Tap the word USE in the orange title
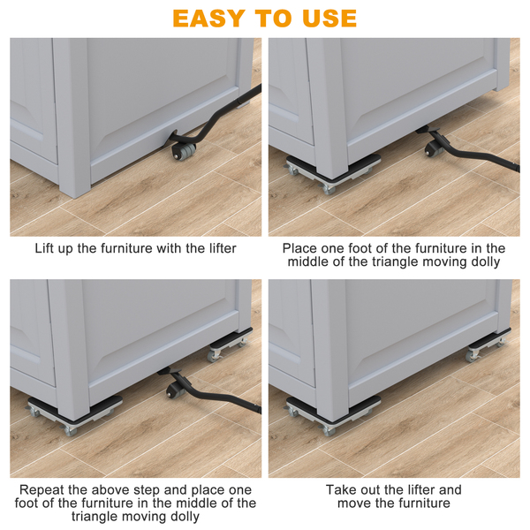pos(329,19)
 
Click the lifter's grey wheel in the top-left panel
pos(185,151)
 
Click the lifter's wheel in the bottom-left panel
pos(175,390)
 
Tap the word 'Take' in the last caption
pos(340,489)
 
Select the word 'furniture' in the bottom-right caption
pos(425,503)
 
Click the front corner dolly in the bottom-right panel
pos(333,415)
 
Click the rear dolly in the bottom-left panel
pos(230,344)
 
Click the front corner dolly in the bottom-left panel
pos(75,415)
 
